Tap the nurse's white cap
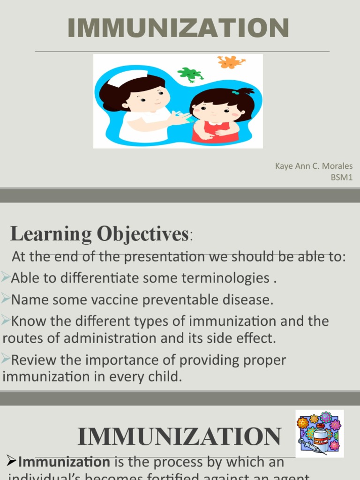point(127,78)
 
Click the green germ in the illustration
point(190,74)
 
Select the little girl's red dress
point(216,132)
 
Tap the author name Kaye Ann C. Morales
point(314,166)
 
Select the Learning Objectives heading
point(99,234)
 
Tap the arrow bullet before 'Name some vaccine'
point(6,299)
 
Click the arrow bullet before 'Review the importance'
point(6,360)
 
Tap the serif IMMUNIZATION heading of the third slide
point(179,437)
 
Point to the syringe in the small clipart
point(311,447)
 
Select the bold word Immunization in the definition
point(64,462)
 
